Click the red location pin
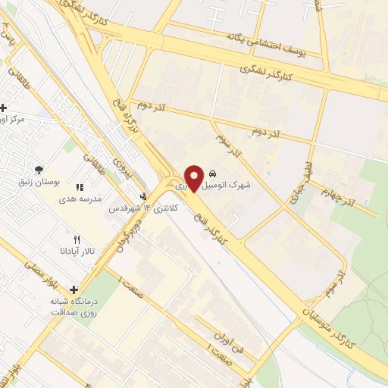pyautogui.click(x=194, y=177)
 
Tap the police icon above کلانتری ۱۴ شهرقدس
pyautogui.click(x=145, y=196)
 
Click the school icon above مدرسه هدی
pyautogui.click(x=79, y=187)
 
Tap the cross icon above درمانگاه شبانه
pyautogui.click(x=74, y=289)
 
